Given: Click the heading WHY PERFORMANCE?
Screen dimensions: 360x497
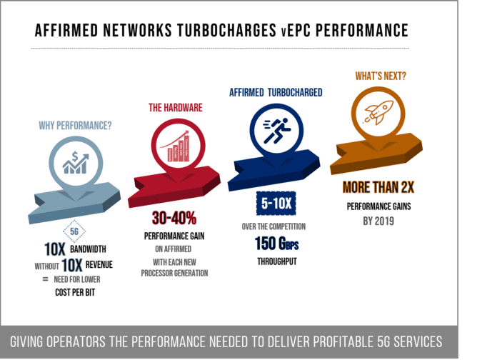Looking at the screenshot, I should tap(75, 126).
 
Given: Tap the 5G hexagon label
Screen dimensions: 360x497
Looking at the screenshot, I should tap(74, 231).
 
